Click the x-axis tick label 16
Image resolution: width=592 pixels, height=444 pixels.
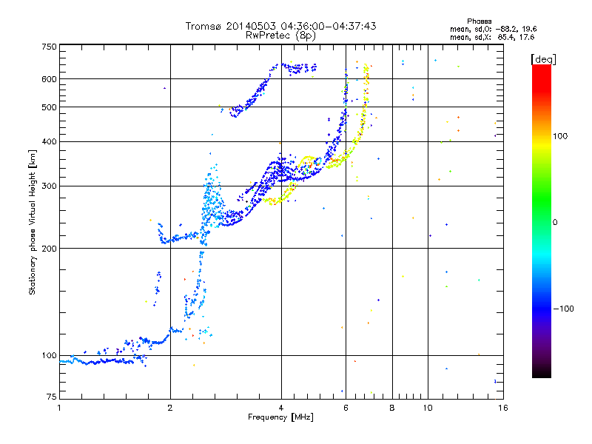(x=502, y=408)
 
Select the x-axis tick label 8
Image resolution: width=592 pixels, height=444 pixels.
(x=392, y=408)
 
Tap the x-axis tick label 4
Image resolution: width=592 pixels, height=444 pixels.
(x=281, y=408)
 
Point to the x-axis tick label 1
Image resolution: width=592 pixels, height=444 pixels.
(x=60, y=408)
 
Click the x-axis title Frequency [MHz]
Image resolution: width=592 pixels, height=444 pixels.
(x=281, y=418)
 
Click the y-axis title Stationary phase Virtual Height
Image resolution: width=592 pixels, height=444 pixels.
(x=33, y=222)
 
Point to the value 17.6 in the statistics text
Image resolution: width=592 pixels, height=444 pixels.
(x=525, y=36)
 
